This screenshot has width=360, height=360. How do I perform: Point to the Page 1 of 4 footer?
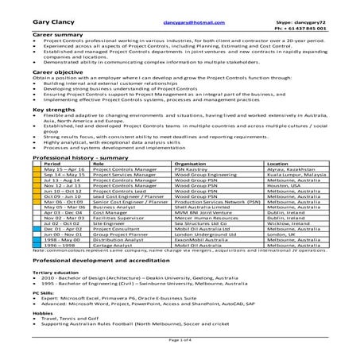pos(180,339)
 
